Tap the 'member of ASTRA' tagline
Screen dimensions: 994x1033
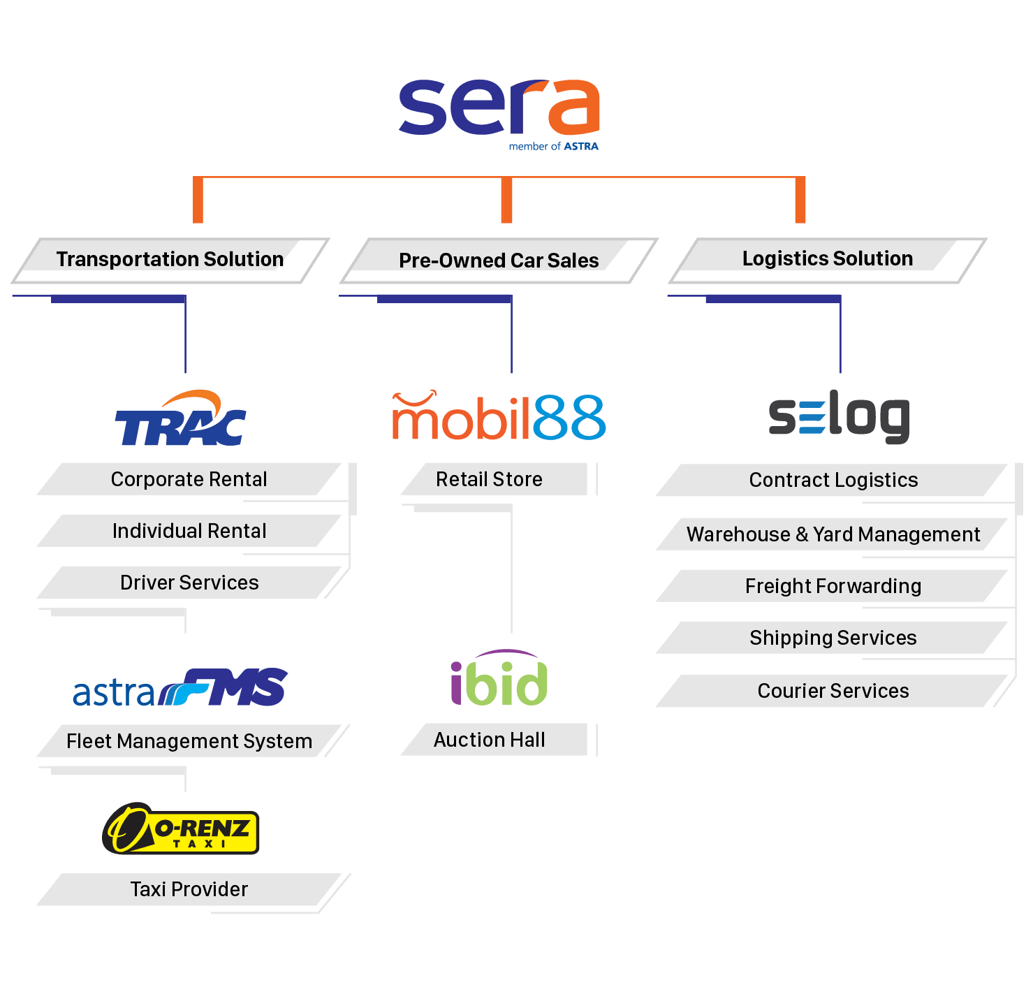553,147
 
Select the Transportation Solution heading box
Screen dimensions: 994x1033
170,259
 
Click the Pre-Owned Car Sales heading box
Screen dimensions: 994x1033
499,261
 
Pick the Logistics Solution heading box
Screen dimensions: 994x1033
827,258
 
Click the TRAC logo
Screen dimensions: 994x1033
181,420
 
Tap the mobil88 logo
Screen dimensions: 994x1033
498,417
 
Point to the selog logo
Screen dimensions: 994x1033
839,417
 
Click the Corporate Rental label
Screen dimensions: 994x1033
189,479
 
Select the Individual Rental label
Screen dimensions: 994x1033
189,531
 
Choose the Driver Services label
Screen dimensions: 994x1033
189,583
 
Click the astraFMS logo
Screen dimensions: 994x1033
180,689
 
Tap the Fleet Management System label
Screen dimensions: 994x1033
189,741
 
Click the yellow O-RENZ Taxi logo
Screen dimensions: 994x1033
182,829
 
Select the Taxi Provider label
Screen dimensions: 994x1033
189,889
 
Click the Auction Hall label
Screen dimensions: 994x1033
489,740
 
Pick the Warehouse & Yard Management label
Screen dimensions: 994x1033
833,534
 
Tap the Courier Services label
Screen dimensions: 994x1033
833,691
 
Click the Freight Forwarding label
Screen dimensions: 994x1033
833,586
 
